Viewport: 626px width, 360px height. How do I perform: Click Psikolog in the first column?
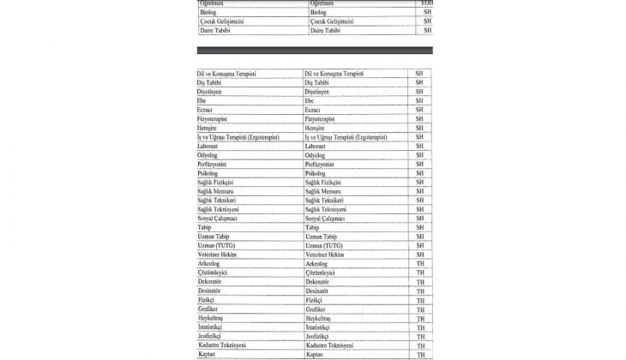208,173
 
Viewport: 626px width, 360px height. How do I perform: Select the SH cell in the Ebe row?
419,100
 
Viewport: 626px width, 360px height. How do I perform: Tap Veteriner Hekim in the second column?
324,255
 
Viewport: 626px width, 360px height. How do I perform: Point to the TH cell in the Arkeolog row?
420,264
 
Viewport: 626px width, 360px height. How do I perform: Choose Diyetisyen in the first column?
209,91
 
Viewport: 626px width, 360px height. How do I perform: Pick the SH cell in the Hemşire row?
419,128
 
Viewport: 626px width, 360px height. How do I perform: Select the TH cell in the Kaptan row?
420,355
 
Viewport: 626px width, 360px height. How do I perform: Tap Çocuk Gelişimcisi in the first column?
221,21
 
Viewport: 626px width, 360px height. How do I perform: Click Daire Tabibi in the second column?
325,31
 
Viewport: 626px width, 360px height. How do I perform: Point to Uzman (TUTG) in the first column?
216,246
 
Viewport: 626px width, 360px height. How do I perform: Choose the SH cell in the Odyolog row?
419,155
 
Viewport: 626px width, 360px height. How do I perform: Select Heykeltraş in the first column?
211,318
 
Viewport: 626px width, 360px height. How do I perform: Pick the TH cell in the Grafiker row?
420,309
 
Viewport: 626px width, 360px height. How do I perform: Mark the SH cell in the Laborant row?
419,146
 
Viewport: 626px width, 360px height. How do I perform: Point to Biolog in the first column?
208,13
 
